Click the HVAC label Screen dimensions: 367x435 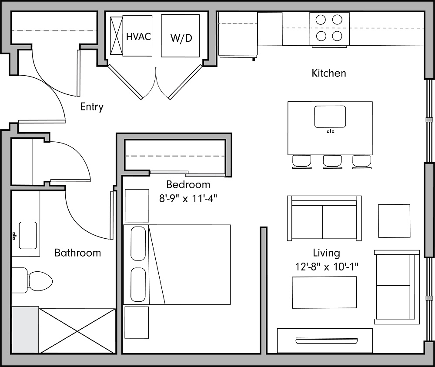[x=138, y=37]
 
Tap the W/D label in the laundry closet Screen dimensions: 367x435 [x=181, y=38]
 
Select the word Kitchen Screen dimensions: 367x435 [x=329, y=73]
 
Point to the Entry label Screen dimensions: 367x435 [x=92, y=107]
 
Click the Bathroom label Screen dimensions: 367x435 [x=77, y=253]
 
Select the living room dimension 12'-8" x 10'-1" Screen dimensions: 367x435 [x=326, y=266]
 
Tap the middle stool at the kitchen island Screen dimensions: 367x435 [x=332, y=161]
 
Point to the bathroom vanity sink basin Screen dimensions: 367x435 [x=28, y=235]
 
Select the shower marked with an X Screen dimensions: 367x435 [x=77, y=330]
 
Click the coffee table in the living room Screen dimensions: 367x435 [x=324, y=292]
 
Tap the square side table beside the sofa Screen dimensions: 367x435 [x=394, y=221]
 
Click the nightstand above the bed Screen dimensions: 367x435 [x=137, y=205]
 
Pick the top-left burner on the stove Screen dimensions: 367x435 [x=320, y=20]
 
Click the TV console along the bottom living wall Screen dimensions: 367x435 [x=325, y=340]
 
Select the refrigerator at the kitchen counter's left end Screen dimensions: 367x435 [x=237, y=34]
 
